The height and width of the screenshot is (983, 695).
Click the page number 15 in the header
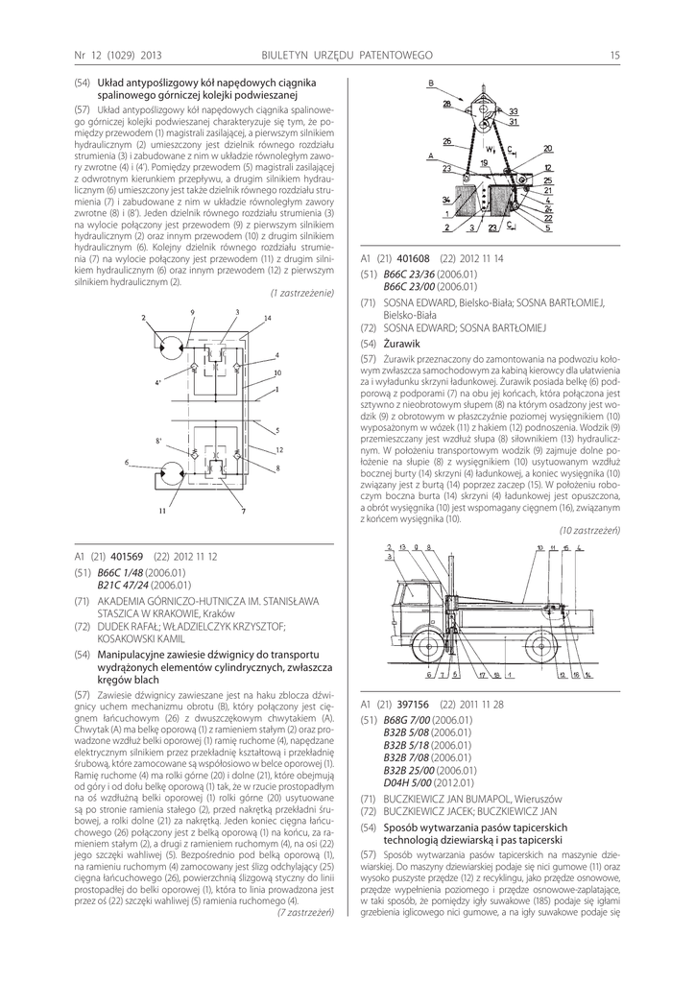pyautogui.click(x=614, y=54)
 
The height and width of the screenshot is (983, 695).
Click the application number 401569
pyautogui.click(x=127, y=556)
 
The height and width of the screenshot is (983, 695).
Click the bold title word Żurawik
pyautogui.click(x=402, y=343)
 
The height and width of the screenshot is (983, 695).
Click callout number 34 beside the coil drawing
pyautogui.click(x=446, y=201)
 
